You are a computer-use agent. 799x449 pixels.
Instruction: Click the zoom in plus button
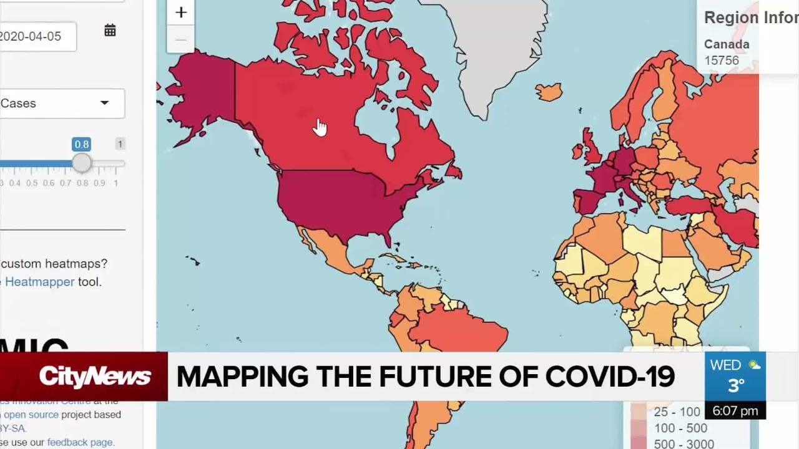[181, 12]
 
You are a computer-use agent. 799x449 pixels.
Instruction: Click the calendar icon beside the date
[110, 31]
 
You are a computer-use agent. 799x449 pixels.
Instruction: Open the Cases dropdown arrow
[104, 103]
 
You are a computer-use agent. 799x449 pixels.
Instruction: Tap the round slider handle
[82, 163]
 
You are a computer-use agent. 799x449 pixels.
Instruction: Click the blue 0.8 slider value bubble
[82, 144]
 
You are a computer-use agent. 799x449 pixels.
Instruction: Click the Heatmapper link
[40, 282]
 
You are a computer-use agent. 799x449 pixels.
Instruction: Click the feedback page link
[80, 442]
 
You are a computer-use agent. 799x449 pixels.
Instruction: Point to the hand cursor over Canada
[320, 127]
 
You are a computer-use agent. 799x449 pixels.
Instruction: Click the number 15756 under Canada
[722, 60]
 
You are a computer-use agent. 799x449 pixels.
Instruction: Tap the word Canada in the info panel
[727, 44]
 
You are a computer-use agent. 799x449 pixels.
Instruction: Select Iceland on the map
[549, 92]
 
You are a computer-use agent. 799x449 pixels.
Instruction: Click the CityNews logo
[95, 376]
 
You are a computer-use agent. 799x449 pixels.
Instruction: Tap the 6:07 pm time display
[735, 411]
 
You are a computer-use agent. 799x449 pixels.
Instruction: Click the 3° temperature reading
[736, 386]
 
